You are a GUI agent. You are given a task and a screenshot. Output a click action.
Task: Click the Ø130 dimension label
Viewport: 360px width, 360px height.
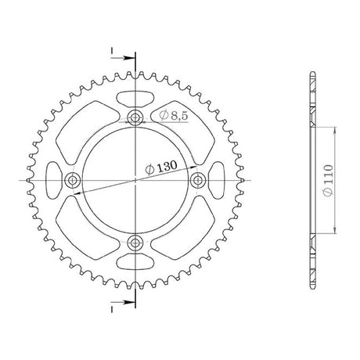pos(161,167)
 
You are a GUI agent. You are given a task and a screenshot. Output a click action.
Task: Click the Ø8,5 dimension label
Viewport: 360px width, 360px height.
pos(174,115)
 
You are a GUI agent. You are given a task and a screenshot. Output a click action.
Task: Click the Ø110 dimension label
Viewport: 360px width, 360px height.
pos(328,180)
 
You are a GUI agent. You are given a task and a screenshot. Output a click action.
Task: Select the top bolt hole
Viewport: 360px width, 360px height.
pos(135,118)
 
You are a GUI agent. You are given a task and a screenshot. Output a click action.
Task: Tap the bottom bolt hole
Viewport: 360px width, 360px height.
pos(135,243)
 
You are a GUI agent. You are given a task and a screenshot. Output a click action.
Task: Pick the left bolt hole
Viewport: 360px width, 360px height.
pos(72,180)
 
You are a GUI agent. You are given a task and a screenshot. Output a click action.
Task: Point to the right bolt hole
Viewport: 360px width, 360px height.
pos(198,180)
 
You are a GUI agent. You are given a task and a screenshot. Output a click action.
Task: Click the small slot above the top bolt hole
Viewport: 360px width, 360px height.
pos(135,99)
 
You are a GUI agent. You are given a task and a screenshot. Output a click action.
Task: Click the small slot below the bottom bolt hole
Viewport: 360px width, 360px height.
pos(135,261)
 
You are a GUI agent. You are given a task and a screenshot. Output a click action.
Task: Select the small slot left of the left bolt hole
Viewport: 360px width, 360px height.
pos(54,180)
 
